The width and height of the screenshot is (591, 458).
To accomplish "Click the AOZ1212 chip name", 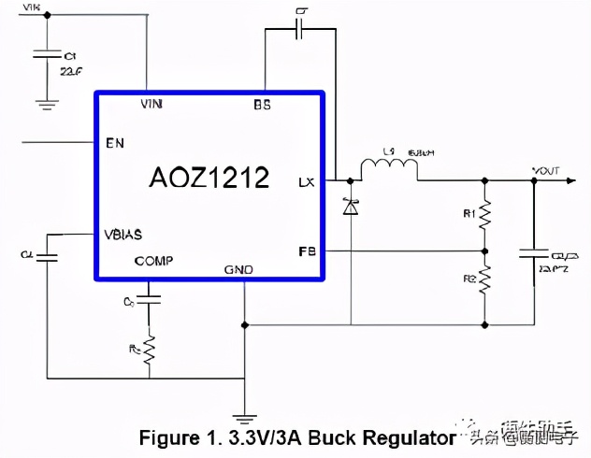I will [209, 178].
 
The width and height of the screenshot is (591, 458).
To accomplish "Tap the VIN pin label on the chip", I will [151, 104].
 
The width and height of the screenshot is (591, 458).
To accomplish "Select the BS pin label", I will [263, 105].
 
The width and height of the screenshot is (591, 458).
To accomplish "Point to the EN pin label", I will [115, 143].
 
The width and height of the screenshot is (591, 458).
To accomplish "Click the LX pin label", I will [306, 181].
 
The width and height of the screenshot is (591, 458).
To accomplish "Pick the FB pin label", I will [306, 251].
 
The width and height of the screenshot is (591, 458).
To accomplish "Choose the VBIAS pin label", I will [124, 234].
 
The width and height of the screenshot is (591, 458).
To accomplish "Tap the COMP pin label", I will [152, 261].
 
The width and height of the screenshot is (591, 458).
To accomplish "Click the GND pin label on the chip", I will [238, 269].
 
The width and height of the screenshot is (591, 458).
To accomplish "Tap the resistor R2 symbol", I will [484, 278].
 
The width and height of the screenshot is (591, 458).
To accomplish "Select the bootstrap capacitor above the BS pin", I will [300, 29].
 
